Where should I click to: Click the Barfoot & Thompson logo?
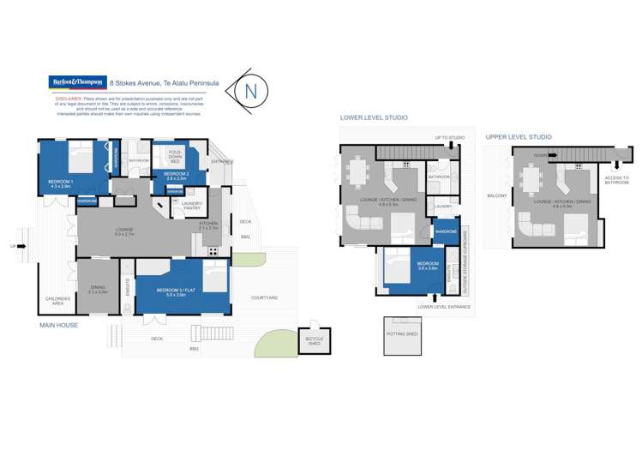(75, 83)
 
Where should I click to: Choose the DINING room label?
(96, 291)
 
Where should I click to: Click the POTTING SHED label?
(401, 334)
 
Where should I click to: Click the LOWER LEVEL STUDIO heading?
(373, 117)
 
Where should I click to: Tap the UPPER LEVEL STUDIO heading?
(518, 137)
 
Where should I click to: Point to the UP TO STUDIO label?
(450, 137)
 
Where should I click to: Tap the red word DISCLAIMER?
(69, 98)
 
